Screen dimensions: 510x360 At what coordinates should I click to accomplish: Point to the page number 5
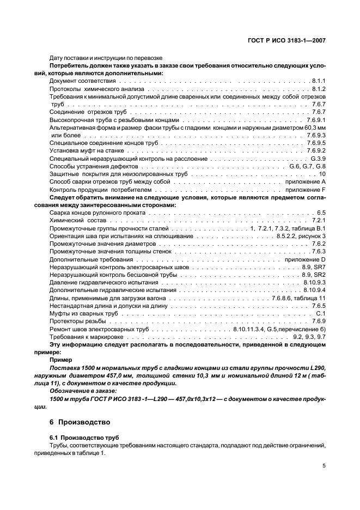pos(324,466)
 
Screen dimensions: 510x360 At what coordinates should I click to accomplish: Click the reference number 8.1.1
pos(319,81)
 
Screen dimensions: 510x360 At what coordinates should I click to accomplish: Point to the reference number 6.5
pos(321,212)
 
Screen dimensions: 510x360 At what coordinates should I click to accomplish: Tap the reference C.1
pos(321,314)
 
